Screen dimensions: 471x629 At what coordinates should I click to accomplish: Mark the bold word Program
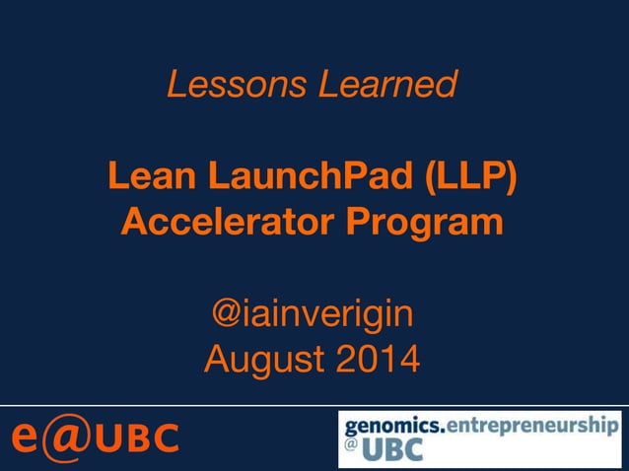coord(430,225)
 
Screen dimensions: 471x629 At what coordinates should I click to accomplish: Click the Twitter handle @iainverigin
coord(313,315)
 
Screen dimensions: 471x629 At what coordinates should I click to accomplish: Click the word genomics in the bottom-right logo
coord(392,427)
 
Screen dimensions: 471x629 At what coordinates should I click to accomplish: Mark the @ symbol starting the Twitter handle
coord(224,315)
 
